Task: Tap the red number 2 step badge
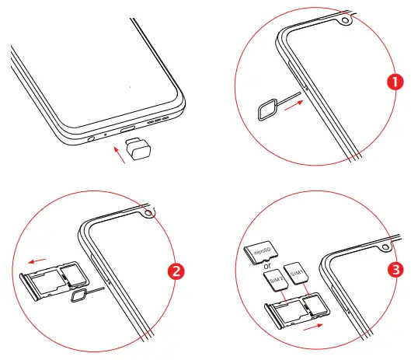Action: click(x=176, y=271)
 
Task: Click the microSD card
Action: click(x=261, y=250)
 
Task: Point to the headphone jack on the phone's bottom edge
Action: click(x=92, y=140)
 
